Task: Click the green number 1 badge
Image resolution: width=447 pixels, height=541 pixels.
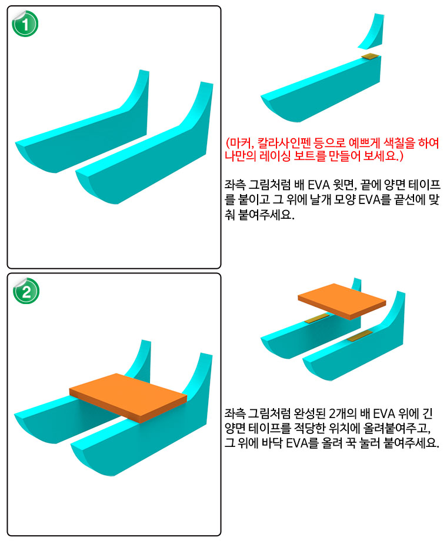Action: [25, 24]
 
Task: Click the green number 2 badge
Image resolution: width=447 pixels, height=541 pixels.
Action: [26, 292]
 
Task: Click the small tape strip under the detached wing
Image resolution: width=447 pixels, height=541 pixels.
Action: [370, 56]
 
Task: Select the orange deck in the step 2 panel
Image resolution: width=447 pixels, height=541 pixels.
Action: [128, 398]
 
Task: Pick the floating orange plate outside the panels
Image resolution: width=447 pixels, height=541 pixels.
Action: [342, 301]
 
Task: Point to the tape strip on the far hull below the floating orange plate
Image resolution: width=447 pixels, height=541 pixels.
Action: [317, 319]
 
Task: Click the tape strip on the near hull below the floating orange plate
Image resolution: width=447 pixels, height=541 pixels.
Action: [360, 335]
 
